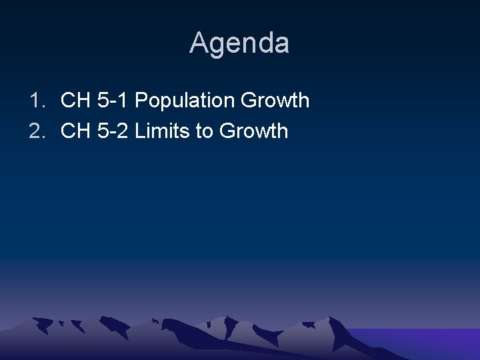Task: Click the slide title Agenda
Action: [x=239, y=43]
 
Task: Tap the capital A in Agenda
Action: [x=199, y=43]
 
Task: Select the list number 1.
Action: [x=35, y=101]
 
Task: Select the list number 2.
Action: [x=35, y=131]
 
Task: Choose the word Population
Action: [x=185, y=101]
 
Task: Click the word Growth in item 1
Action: [x=275, y=101]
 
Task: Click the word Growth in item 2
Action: [x=253, y=131]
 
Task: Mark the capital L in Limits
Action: [x=139, y=131]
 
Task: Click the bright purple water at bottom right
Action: [x=427, y=343]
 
